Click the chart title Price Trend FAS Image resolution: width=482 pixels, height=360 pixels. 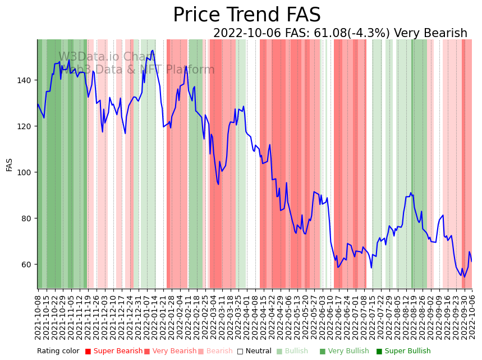tap(246, 15)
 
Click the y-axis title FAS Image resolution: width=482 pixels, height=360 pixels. tap(10, 165)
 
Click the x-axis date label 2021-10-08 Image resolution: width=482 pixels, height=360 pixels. tap(38, 317)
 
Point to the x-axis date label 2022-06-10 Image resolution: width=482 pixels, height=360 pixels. tap(330, 317)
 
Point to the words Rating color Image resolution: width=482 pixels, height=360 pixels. tap(58, 352)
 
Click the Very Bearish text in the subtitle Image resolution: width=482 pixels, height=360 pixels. tap(430, 33)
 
